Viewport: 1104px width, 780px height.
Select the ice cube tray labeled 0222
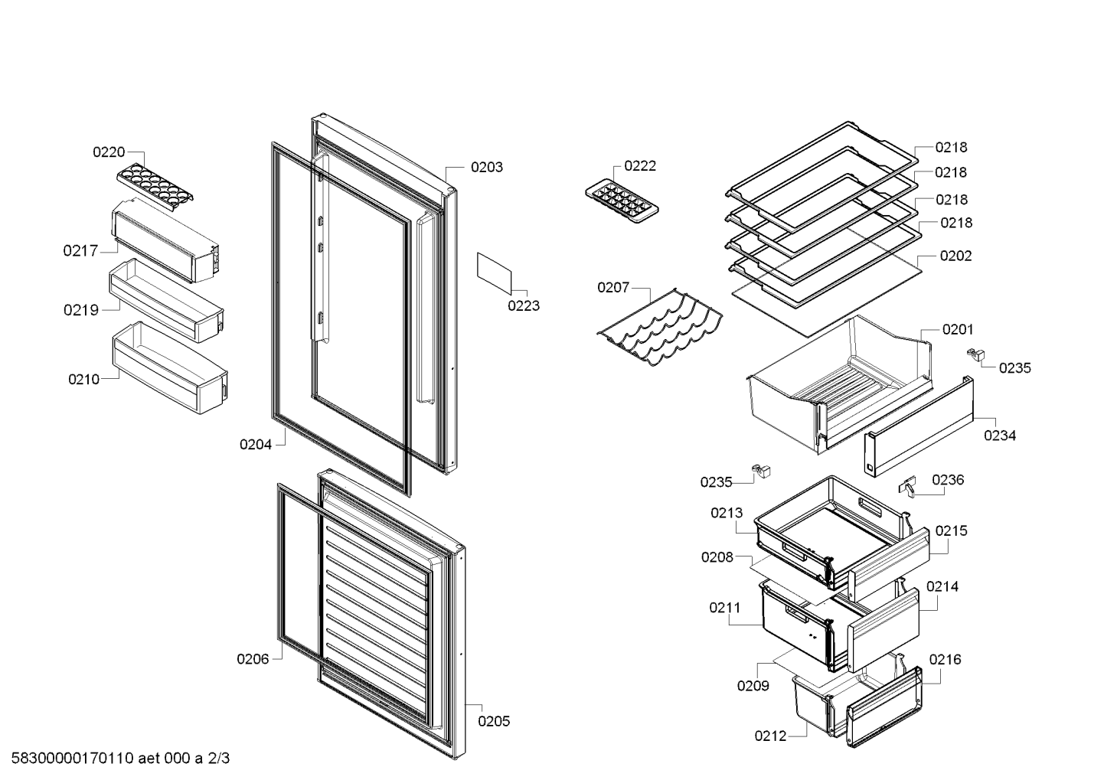tap(622, 204)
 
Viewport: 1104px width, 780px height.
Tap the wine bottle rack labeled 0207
tap(659, 328)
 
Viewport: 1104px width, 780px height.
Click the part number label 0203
tap(486, 167)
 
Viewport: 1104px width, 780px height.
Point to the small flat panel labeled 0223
tap(494, 274)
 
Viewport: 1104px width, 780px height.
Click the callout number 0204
tap(255, 445)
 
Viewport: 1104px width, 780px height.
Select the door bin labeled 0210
tap(170, 367)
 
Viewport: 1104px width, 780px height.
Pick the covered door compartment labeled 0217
tap(165, 240)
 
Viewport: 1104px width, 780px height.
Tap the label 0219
tap(81, 310)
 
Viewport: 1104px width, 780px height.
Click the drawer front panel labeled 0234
tap(919, 426)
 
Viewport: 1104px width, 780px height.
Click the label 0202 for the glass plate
tap(955, 256)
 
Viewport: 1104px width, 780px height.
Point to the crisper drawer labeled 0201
tap(840, 384)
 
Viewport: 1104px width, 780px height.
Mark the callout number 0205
tap(494, 721)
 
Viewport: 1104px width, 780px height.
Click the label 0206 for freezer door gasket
tap(253, 659)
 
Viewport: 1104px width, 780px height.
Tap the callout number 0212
tap(770, 736)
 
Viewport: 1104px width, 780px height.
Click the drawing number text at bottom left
tap(120, 758)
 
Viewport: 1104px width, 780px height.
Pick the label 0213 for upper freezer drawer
tap(727, 513)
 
